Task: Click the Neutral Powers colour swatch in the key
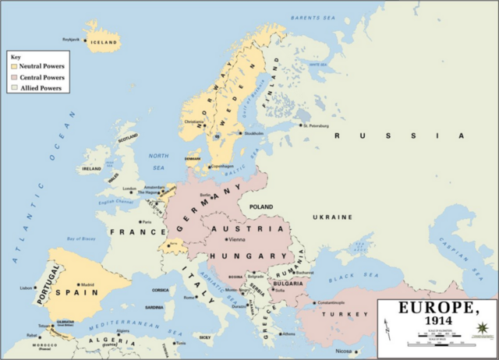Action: (13, 67)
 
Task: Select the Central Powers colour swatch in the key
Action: (13, 78)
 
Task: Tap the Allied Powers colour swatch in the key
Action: (13, 88)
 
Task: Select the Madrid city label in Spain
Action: (88, 284)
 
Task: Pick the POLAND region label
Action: (262, 207)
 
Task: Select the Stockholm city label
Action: (254, 133)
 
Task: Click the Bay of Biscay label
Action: (82, 238)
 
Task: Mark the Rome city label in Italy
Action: (189, 297)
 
